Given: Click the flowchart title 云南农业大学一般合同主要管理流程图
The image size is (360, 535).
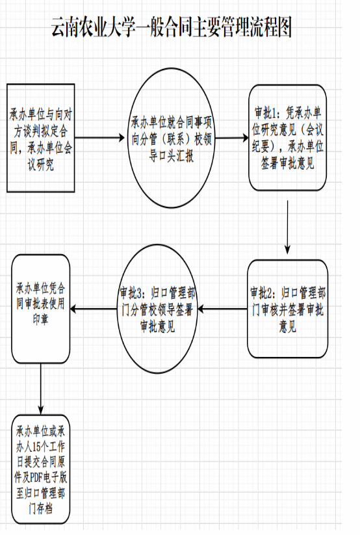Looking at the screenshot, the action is [x=172, y=28].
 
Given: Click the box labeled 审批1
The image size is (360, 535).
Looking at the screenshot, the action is [x=287, y=138].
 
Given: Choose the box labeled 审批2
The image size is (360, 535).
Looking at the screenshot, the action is [x=287, y=309].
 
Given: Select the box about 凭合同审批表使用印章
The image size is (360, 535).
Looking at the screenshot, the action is [x=40, y=309].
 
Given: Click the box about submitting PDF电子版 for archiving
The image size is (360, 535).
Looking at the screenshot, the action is [x=40, y=469].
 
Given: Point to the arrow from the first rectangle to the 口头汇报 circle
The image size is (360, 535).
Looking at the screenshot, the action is [x=99, y=138].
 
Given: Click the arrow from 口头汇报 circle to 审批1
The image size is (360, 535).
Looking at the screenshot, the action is [x=232, y=138].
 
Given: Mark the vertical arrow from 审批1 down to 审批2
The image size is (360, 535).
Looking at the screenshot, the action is [x=287, y=228].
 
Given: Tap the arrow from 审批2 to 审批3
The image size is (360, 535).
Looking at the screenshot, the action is [x=222, y=309].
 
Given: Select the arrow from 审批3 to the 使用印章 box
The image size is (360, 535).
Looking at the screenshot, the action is [x=94, y=309].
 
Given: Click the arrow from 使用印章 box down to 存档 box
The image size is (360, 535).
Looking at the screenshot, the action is [x=40, y=389].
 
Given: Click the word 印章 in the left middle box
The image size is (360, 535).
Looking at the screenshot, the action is [x=40, y=319].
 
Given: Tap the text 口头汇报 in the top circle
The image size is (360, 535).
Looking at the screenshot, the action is [x=172, y=156].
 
